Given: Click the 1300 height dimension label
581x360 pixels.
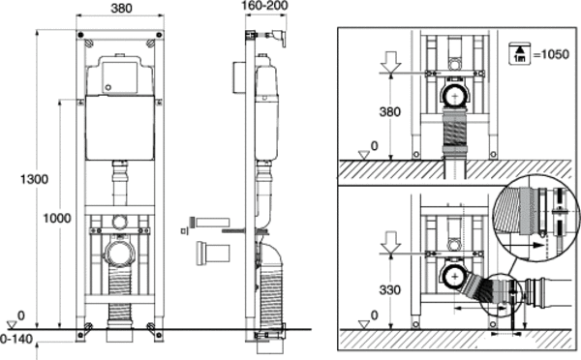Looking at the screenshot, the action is coord(34,179).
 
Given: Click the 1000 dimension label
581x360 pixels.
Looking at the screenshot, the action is coord(57,218).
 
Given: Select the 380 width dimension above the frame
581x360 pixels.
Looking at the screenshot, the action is coord(122,8).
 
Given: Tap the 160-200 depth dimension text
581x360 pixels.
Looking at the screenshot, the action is coord(264,6).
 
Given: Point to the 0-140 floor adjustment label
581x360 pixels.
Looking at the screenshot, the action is coord(16,339).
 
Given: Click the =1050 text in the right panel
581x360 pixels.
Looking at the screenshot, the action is coord(551,54).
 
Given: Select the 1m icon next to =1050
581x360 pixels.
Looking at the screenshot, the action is coord(520,54).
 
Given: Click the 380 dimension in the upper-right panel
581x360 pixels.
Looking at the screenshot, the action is coord(390,111).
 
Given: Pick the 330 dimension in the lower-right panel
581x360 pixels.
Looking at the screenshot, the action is coord(390,289).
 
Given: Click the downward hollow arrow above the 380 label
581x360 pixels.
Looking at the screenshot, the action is coord(391,62).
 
